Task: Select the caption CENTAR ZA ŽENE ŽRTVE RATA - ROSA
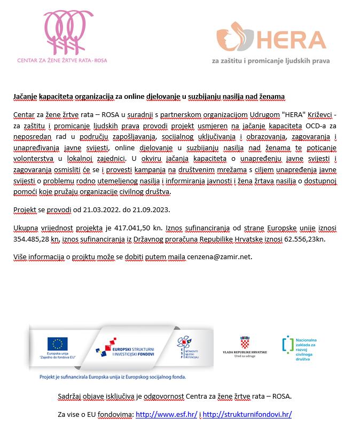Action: [62, 60]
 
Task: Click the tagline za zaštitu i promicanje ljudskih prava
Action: [271, 61]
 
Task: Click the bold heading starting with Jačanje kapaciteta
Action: [149, 97]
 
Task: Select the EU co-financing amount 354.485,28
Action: [35, 238]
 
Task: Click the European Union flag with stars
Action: [57, 344]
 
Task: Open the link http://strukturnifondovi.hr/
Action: [247, 414]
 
